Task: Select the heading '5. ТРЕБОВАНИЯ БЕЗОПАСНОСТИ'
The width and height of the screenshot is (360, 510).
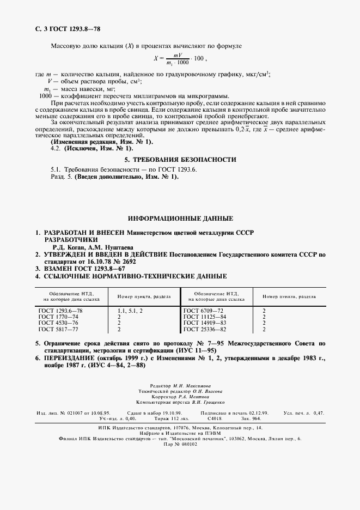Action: coord(180,160)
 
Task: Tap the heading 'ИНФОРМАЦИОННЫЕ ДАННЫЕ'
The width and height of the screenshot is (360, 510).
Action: coord(180,218)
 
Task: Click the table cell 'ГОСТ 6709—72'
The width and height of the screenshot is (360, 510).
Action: coord(203,310)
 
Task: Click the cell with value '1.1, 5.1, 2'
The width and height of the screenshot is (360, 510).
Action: coord(130,310)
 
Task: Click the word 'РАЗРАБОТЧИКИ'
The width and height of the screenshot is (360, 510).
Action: coord(71,239)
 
